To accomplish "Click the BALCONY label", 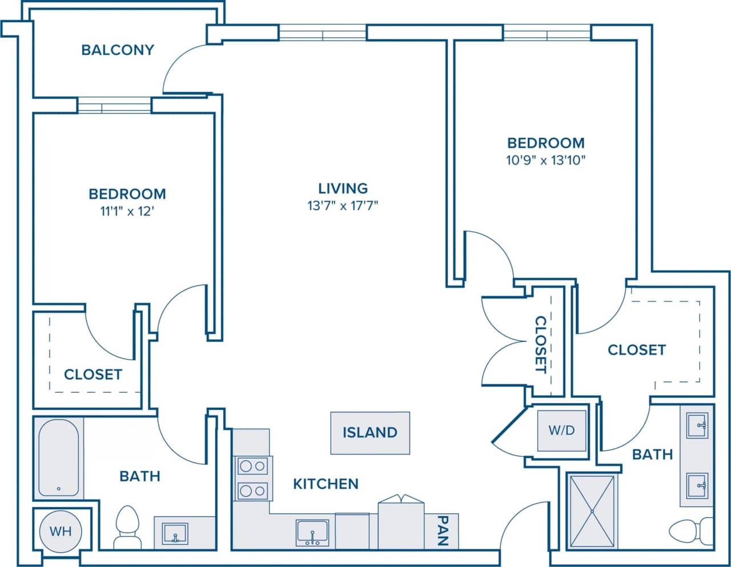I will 118,50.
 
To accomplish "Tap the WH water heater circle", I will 60,531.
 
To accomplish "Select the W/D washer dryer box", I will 561,431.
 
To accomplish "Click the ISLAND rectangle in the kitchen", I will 369,433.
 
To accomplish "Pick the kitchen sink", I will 312,532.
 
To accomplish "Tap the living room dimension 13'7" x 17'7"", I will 343,206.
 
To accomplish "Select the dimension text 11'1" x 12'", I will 127,212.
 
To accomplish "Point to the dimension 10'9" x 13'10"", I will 546,160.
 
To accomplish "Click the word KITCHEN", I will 326,484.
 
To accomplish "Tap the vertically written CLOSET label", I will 540,344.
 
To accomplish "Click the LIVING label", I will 343,188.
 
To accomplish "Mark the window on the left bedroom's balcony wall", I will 114,106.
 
